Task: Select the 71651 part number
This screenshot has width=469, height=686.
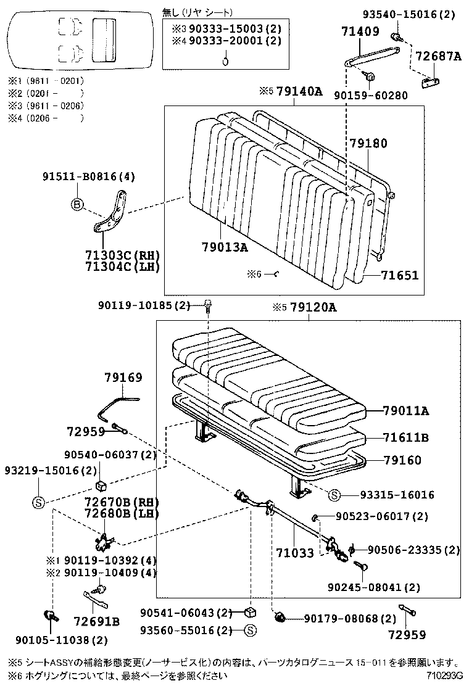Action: (x=399, y=275)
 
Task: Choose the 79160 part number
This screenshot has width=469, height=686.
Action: (x=402, y=460)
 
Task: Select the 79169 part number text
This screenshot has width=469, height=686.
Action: (x=123, y=377)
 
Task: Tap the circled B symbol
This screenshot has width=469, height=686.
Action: (x=77, y=205)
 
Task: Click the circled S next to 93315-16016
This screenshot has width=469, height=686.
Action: (x=334, y=495)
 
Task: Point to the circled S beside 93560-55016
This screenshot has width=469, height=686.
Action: (x=250, y=630)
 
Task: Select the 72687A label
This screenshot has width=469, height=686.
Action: (x=439, y=56)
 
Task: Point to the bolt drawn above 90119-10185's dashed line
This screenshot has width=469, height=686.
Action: (x=208, y=304)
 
